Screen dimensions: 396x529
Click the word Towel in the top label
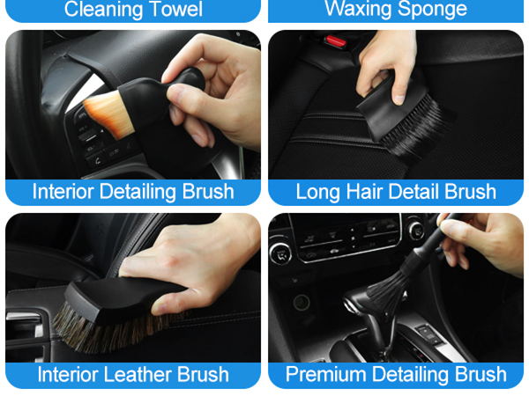click(172, 10)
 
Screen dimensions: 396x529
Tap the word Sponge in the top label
click(430, 10)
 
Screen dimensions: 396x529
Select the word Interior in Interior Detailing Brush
click(64, 192)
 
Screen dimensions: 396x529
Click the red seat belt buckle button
click(334, 40)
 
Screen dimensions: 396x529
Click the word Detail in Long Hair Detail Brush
click(425, 192)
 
